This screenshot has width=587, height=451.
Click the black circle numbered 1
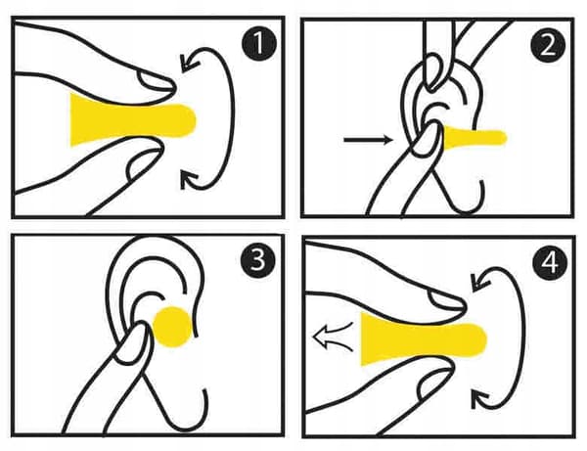pyautogui.click(x=258, y=43)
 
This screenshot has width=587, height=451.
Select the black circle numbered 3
pyautogui.click(x=258, y=260)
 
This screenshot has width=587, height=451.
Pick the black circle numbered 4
pyautogui.click(x=550, y=263)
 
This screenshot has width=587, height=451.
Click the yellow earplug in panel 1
pyautogui.click(x=132, y=120)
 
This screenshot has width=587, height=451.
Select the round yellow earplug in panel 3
pyautogui.click(x=173, y=327)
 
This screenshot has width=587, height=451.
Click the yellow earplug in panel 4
pyautogui.click(x=423, y=338)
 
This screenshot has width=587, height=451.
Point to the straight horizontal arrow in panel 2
pyautogui.click(x=369, y=140)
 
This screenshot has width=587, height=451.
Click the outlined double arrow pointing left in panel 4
pyautogui.click(x=334, y=336)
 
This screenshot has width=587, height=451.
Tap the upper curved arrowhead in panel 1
pyautogui.click(x=189, y=62)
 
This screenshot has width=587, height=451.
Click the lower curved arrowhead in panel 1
pyautogui.click(x=189, y=180)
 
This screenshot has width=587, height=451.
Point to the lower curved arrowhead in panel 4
pyautogui.click(x=480, y=399)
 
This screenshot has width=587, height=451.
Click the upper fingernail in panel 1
pyautogui.click(x=155, y=81)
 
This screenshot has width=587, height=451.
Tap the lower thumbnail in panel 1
pyautogui.click(x=144, y=163)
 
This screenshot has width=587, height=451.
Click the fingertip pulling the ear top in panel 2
pyautogui.click(x=434, y=71)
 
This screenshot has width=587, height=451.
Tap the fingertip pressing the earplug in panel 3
pyautogui.click(x=135, y=341)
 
